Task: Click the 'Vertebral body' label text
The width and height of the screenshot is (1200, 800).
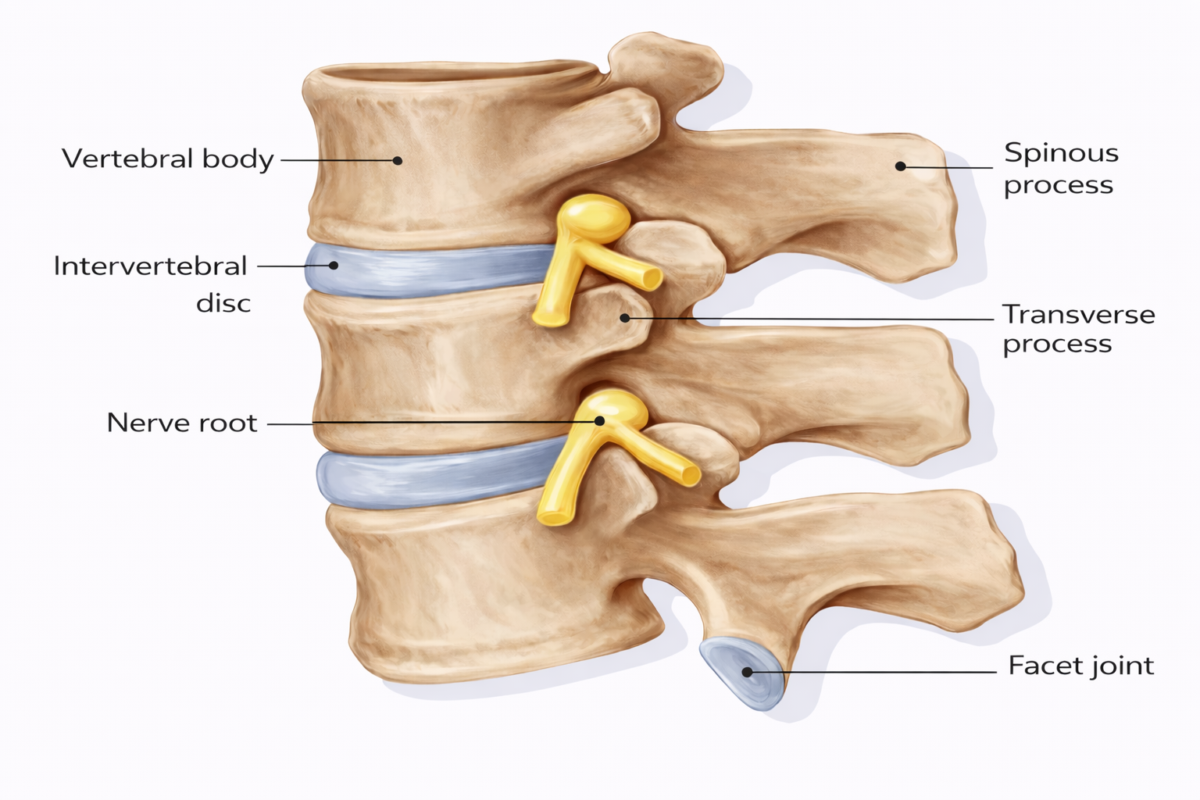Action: click(168, 159)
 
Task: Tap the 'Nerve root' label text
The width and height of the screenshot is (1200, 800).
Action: click(182, 423)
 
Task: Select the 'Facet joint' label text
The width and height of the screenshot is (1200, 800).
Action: click(1080, 666)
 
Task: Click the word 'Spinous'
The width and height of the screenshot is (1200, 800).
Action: click(1061, 155)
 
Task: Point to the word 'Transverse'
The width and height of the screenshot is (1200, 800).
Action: click(1079, 315)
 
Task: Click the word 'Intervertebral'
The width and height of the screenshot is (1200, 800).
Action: click(151, 266)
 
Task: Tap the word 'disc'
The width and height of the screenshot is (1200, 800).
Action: click(223, 304)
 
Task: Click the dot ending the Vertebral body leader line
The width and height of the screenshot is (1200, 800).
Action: click(398, 160)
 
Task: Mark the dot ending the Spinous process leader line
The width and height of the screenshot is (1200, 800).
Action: click(901, 166)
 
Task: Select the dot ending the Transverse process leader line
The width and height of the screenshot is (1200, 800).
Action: click(625, 318)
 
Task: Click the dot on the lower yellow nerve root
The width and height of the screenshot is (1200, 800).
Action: click(600, 421)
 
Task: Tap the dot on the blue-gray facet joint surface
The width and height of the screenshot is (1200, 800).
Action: click(748, 672)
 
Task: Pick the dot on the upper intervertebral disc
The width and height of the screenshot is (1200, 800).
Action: click(334, 266)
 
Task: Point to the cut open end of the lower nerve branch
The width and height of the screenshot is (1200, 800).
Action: click(690, 475)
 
